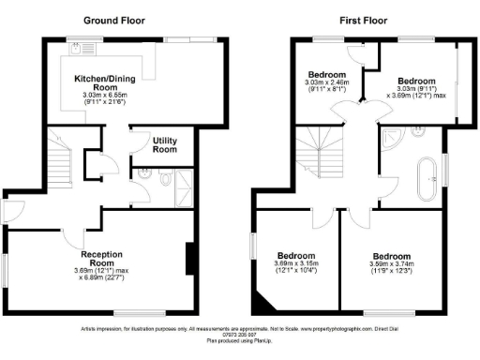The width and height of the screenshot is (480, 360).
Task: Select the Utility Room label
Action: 165,145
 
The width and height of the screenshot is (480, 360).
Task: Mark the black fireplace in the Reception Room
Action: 189,258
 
